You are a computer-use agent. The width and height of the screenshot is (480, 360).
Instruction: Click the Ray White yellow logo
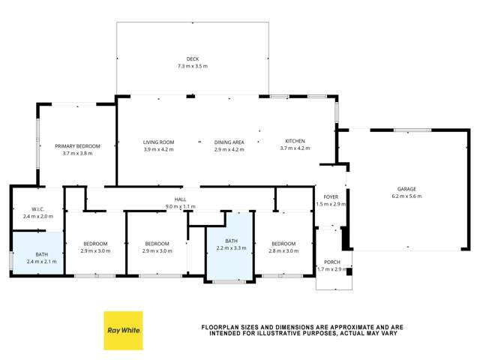pos(123,330)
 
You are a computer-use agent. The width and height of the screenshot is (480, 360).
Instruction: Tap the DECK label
pos(193,58)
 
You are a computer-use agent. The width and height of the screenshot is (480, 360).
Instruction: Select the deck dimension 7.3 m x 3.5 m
pos(193,66)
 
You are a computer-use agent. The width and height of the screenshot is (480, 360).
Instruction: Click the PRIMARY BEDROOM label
pos(77,146)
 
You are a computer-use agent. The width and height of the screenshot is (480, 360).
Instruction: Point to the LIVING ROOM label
pos(158,142)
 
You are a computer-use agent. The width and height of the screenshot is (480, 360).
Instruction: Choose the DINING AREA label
pos(229,142)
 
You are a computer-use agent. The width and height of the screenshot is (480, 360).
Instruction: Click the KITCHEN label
pos(295,141)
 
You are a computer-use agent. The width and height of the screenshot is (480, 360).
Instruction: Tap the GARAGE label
pos(406,189)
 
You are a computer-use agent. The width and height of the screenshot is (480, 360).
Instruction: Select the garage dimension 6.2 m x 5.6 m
pos(406,196)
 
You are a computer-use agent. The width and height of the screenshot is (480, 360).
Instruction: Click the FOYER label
pos(331,196)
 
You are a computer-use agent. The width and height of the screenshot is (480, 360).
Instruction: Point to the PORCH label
pos(332,262)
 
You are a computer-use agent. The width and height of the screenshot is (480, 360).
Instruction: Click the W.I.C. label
pos(38,209)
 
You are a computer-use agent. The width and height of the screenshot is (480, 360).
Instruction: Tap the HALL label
pos(180,199)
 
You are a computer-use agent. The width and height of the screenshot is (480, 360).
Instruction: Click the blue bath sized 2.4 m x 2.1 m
pos(38,253)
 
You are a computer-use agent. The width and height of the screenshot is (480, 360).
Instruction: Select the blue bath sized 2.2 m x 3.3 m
pos(230,246)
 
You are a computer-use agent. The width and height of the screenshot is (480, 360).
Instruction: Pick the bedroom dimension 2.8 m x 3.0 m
pos(283,251)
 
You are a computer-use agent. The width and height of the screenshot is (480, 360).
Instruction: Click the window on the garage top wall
pos(412,130)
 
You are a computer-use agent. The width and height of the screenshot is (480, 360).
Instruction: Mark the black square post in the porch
pos(349,271)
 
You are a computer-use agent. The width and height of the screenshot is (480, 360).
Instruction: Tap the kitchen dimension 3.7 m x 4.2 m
pos(295,148)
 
